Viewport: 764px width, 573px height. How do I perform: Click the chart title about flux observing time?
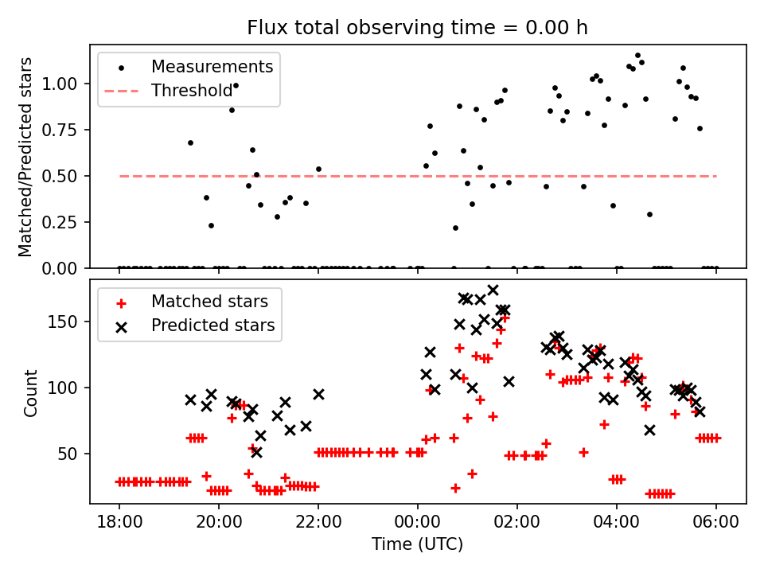click(x=417, y=28)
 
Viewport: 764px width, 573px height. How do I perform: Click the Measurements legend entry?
click(x=212, y=66)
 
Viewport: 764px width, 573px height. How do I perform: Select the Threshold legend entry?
click(x=192, y=91)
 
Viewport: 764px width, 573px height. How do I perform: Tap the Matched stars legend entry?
click(x=209, y=302)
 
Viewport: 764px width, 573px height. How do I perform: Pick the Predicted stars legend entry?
click(x=212, y=325)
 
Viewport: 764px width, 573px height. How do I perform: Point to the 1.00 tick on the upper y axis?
click(x=61, y=84)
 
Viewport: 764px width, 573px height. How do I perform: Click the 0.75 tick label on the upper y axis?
click(x=61, y=130)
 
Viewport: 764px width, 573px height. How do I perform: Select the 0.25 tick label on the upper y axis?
click(x=61, y=222)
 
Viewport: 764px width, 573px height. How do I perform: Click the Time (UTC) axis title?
click(x=417, y=545)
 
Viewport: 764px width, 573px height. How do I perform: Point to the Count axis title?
click(x=31, y=392)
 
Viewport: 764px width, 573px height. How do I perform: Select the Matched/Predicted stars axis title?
click(x=25, y=157)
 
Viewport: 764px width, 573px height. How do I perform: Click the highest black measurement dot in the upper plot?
click(x=637, y=55)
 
